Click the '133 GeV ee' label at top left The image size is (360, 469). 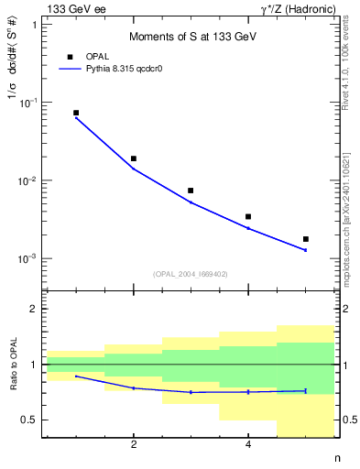(x=74, y=8)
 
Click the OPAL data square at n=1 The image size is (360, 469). (x=76, y=113)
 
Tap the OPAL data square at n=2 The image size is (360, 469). (x=134, y=158)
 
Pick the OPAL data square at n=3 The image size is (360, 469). (x=191, y=191)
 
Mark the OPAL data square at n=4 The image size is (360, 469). (x=248, y=217)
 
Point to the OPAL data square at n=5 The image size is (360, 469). (x=305, y=239)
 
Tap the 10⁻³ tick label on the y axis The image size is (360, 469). (x=28, y=259)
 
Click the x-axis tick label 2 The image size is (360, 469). (x=134, y=445)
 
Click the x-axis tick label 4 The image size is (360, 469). (x=248, y=445)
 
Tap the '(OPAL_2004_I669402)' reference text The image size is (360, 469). (x=191, y=274)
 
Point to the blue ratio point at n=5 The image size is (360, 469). (x=305, y=390)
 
